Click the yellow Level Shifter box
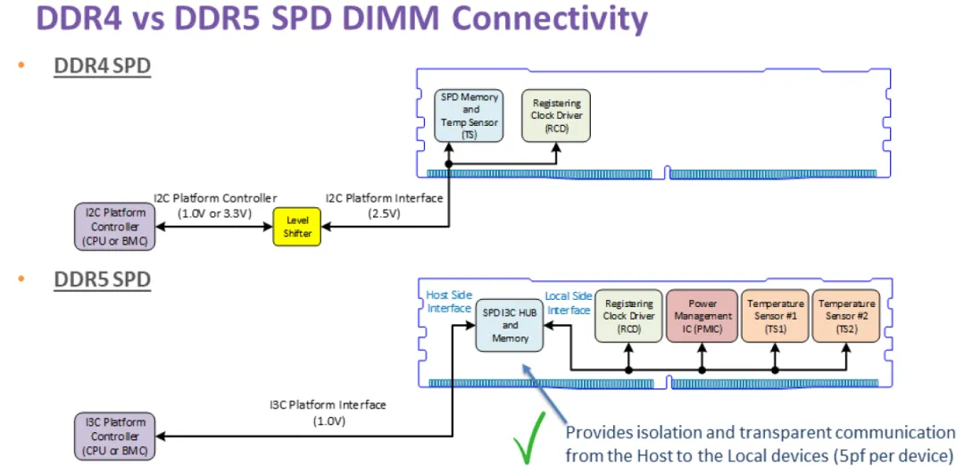click(298, 227)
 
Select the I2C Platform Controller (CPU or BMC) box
click(114, 227)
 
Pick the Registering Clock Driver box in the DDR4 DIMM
click(557, 115)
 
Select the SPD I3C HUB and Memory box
click(510, 326)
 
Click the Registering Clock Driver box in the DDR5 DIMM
click(629, 315)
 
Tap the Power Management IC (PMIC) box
click(702, 315)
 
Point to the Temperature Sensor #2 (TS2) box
click(846, 315)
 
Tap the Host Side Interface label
click(448, 302)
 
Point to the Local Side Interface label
click(569, 302)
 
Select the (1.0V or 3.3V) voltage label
click(213, 214)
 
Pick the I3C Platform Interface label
click(328, 405)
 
